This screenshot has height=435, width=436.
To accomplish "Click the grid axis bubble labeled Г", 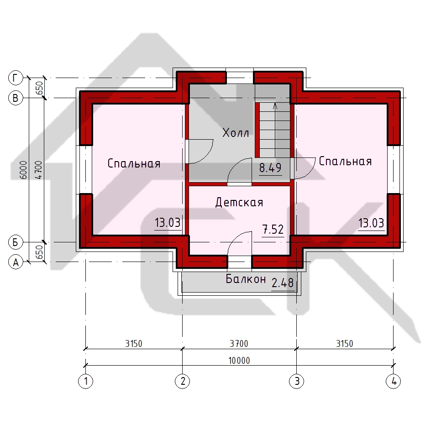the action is (x=16, y=78).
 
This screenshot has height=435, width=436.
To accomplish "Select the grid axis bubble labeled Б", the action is (x=16, y=242).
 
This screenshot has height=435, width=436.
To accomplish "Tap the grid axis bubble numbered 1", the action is (x=86, y=381).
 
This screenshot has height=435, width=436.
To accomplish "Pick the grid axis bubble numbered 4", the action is (x=394, y=381).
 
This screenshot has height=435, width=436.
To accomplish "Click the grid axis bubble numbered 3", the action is (x=297, y=381).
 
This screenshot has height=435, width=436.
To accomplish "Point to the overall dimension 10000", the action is (x=239, y=361).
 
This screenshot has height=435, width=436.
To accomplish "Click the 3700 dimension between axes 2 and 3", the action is (x=239, y=344).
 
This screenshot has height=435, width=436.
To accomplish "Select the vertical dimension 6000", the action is (x=24, y=170).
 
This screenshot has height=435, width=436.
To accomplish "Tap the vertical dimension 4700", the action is (x=39, y=170).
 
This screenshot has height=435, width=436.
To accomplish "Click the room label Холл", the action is (x=236, y=132).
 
